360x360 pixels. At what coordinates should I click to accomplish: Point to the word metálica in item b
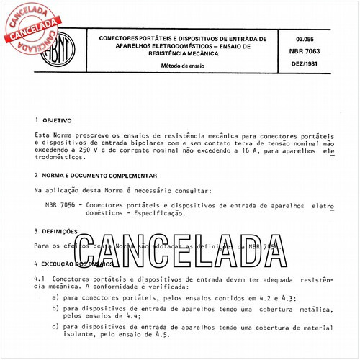[x=314, y=308]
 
